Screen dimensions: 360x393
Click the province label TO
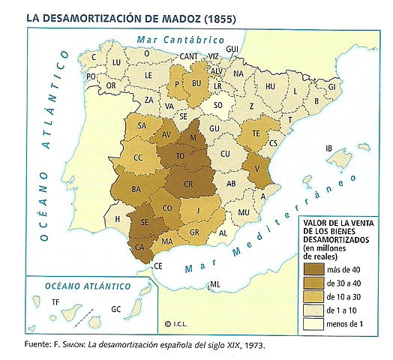[x=180, y=157]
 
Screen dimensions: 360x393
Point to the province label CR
[x=193, y=184]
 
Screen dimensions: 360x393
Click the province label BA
[x=136, y=189]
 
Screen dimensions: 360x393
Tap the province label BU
[x=198, y=83]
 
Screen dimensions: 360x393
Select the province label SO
[x=219, y=106]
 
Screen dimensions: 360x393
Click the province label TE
[x=256, y=133]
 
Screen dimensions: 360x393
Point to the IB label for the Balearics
[x=328, y=148]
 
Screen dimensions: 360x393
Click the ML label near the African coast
[x=215, y=284]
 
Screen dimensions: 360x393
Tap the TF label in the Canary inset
[x=55, y=301]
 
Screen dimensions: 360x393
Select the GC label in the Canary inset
[x=115, y=309]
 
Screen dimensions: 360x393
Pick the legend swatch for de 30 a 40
[x=313, y=283]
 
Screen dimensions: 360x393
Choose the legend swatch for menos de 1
[x=313, y=324]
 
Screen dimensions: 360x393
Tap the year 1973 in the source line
[x=252, y=346]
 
